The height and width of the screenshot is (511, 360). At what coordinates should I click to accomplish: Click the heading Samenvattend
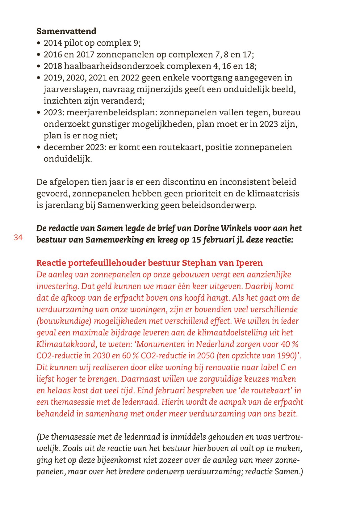[66, 31]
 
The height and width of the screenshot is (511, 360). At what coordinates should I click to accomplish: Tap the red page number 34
[18, 238]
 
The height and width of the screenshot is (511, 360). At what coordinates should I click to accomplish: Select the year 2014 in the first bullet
[53, 43]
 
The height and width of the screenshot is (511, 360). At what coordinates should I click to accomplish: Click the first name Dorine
[206, 228]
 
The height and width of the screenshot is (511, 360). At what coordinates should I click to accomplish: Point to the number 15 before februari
[196, 240]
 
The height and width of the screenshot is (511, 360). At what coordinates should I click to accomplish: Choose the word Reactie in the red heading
[51, 263]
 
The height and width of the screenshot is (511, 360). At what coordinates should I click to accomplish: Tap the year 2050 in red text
[203, 356]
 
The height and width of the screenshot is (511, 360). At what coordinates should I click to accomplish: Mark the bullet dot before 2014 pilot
[39, 43]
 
